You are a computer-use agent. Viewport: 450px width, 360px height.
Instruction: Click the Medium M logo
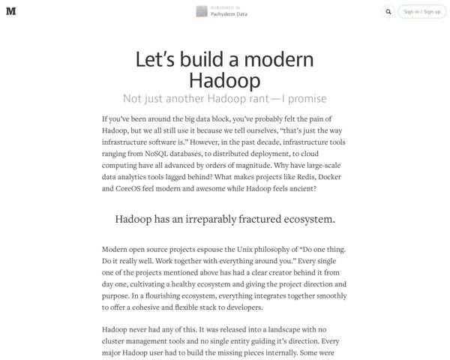11,11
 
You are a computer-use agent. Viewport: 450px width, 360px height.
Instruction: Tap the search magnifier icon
388,11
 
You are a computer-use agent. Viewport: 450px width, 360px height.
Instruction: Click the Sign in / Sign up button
421,11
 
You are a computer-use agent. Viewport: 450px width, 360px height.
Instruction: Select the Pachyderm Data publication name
229,14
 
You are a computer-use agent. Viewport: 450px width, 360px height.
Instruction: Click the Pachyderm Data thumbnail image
201,11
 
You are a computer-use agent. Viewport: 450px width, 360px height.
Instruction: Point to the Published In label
225,7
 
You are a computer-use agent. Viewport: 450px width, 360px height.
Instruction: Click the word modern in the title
275,60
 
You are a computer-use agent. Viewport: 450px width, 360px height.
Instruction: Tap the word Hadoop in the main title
224,80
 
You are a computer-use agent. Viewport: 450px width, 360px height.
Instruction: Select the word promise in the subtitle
304,99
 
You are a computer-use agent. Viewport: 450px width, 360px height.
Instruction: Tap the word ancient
299,189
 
